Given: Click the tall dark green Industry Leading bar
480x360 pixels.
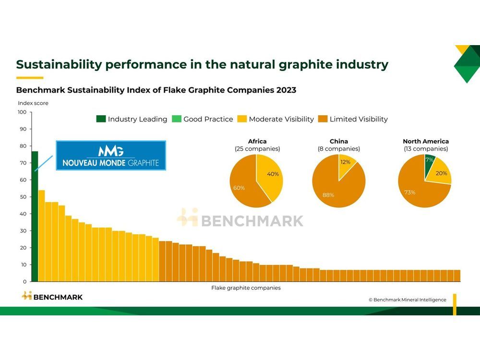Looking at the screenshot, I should [35, 216].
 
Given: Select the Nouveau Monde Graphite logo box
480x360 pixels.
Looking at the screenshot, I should [111, 156].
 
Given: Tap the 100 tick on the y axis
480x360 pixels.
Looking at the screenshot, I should [23, 112].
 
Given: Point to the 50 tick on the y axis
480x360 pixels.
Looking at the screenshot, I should [23, 197].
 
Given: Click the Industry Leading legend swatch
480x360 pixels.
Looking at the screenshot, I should [101, 119].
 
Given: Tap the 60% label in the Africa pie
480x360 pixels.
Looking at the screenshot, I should [240, 188].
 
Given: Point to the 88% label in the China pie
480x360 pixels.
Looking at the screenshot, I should [329, 195].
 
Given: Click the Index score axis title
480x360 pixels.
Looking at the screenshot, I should [33, 103].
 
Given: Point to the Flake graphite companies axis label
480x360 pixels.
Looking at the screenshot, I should [246, 288].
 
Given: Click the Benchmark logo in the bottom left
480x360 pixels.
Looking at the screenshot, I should [52, 297].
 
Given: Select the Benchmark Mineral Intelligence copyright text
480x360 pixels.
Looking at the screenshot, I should [407, 300].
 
